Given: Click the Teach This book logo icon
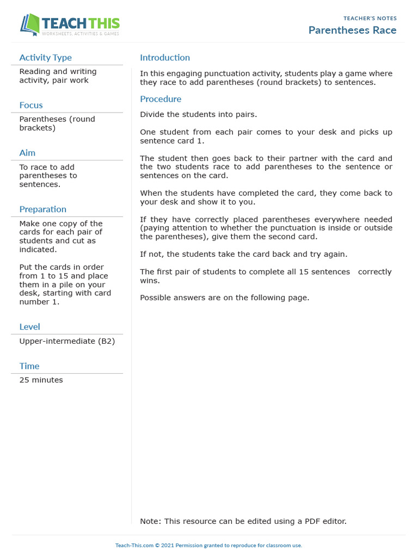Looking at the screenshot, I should point(30,25).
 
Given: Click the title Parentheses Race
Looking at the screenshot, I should point(352,30).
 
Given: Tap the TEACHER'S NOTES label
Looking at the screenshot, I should point(370,18).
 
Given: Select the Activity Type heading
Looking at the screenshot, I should point(45,58).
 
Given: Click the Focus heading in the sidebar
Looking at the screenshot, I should point(31,105).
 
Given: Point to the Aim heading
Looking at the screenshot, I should point(28,153).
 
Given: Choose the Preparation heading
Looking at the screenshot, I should point(42,209).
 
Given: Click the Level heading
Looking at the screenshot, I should point(29,327).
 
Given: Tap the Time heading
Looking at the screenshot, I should point(29,366).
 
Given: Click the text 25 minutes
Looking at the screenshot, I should point(41,380).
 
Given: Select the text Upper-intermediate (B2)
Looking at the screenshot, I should point(67,341).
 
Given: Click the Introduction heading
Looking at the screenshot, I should point(165,58).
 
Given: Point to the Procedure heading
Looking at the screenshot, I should point(161,99).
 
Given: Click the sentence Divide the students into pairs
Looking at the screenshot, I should point(198,115).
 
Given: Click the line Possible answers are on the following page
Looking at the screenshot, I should point(224,298).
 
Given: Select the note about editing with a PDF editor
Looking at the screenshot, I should point(243,521).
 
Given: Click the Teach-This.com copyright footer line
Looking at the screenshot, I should point(208,545).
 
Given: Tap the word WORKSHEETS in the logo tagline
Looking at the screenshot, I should point(56,34).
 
